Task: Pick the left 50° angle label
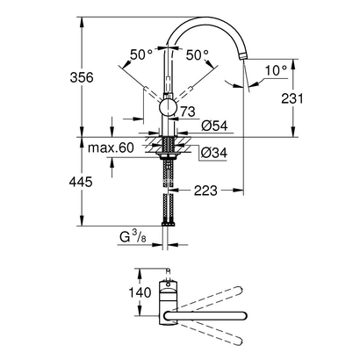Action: point(140,55)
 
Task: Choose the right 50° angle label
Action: point(197,55)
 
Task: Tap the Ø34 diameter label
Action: point(212,154)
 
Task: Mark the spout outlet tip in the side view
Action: point(247,84)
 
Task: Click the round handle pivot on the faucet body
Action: point(168,108)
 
